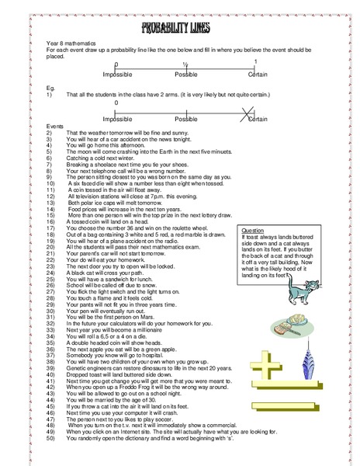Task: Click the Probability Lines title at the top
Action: pyautogui.click(x=179, y=30)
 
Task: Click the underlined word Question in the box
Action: pyautogui.click(x=254, y=231)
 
